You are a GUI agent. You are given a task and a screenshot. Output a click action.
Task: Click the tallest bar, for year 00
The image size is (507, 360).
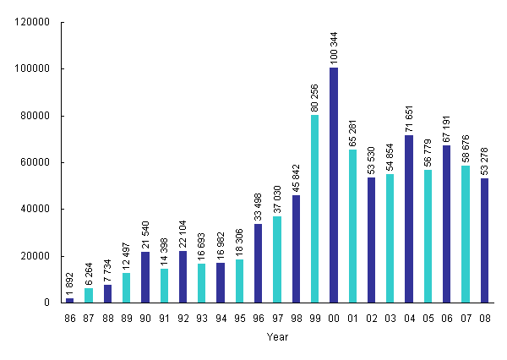[x=334, y=185]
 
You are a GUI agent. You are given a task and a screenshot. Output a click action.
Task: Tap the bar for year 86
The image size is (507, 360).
[x=70, y=300]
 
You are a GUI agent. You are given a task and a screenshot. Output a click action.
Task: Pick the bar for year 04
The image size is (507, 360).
[x=409, y=219]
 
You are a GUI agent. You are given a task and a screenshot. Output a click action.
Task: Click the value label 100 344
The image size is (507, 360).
[x=334, y=47]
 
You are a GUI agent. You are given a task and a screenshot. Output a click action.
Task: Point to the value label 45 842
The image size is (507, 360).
[x=296, y=176]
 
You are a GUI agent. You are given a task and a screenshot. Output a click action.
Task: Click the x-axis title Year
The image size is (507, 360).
[x=277, y=337]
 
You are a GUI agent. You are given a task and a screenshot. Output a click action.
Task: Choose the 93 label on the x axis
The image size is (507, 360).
[x=202, y=318]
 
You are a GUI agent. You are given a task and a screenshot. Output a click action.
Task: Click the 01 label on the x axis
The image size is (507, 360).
[x=352, y=318]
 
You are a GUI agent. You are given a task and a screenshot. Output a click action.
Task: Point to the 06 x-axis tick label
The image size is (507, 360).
[x=447, y=318]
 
